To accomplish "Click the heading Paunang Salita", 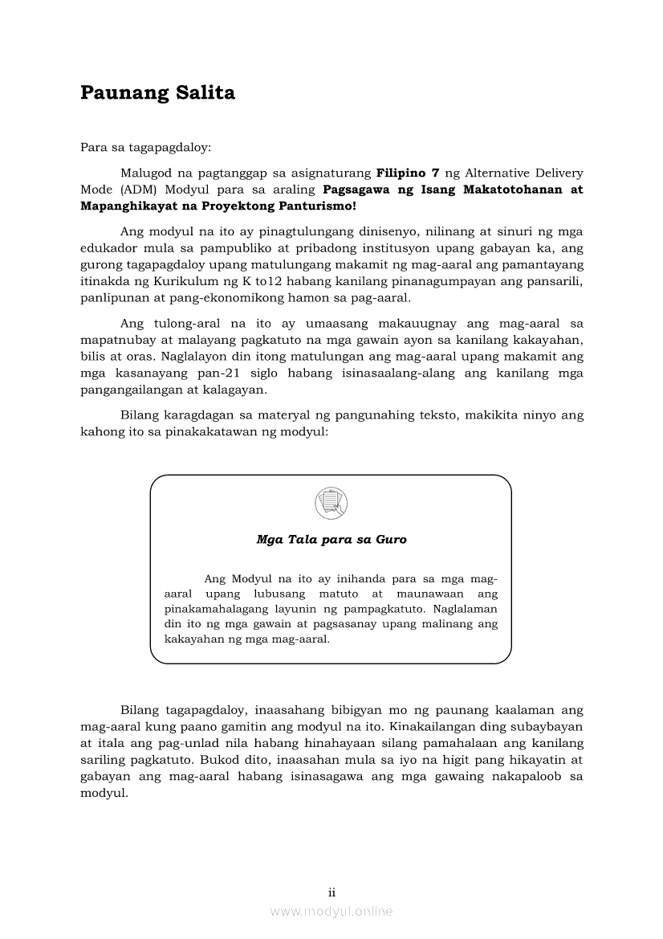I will coord(157,93).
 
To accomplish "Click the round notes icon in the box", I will coord(331,504).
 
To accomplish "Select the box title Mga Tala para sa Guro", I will coord(331,540).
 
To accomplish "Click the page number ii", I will coord(331,892).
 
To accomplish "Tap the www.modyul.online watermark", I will coord(331,911).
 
